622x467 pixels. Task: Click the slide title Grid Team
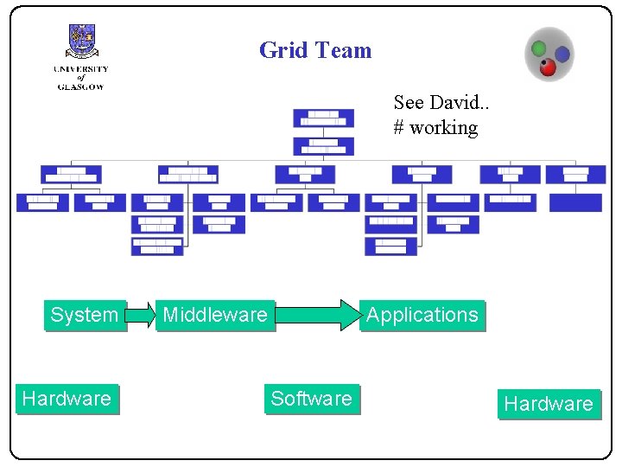pyautogui.click(x=314, y=50)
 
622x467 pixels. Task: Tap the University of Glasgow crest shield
pyautogui.click(x=81, y=42)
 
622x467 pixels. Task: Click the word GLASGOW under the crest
pyautogui.click(x=80, y=86)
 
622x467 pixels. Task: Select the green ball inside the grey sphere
pyautogui.click(x=538, y=48)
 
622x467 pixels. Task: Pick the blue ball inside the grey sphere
pyautogui.click(x=562, y=54)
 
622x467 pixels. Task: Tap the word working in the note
pyautogui.click(x=443, y=127)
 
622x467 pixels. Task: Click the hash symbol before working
pyautogui.click(x=399, y=127)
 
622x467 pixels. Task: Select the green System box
pyautogui.click(x=85, y=315)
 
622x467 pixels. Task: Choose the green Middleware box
pyautogui.click(x=215, y=315)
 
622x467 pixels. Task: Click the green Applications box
pyautogui.click(x=422, y=315)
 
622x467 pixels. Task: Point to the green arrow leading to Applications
pyautogui.click(x=318, y=315)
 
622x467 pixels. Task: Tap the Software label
pyautogui.click(x=311, y=399)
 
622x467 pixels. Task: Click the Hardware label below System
pyautogui.click(x=67, y=399)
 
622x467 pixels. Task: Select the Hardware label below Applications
pyautogui.click(x=549, y=404)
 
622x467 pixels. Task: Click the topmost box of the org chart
pyautogui.click(x=323, y=118)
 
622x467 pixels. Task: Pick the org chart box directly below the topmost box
pyautogui.click(x=323, y=145)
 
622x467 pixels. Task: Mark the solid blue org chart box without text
pyautogui.click(x=575, y=202)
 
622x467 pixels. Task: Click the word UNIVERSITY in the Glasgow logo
pyautogui.click(x=80, y=69)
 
